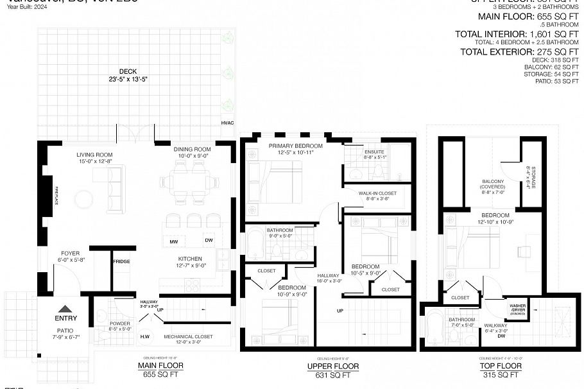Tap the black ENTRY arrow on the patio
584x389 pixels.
point(66,308)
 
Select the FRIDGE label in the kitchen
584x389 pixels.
point(121,261)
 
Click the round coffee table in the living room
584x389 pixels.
point(83,200)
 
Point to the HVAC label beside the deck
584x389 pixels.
point(227,121)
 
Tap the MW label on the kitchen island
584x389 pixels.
point(174,242)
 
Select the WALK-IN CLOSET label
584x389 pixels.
point(377,193)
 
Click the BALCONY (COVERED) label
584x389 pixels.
point(494,185)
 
